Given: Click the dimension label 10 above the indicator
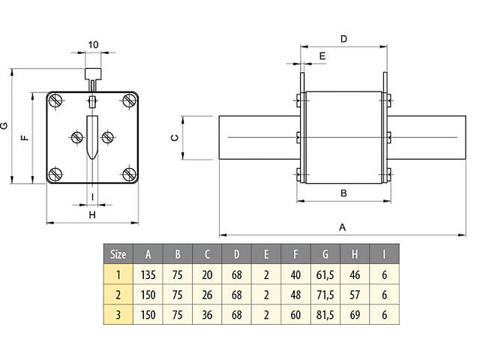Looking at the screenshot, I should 93,44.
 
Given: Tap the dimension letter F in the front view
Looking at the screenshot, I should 25,138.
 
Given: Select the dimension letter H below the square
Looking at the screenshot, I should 92,214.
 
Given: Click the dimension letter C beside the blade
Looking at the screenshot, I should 174,137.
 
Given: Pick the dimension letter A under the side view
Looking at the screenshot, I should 343,226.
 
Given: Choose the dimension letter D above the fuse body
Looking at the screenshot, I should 343,37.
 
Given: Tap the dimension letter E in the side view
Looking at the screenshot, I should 322,55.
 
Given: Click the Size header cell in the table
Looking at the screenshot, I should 118,253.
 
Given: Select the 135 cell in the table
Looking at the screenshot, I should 148,274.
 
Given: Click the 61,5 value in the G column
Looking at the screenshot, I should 324,274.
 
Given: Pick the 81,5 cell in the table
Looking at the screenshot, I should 324,315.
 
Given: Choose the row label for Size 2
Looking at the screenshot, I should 118,295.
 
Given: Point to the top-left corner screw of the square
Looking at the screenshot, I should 55,100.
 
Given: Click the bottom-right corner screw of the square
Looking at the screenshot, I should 130,175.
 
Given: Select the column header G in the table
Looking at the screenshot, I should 324,253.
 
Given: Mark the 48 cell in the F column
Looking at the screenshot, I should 295,295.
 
